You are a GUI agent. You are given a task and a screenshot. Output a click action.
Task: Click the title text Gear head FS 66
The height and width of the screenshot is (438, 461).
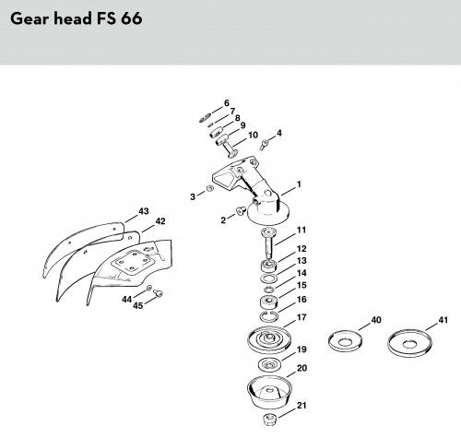[x=77, y=18]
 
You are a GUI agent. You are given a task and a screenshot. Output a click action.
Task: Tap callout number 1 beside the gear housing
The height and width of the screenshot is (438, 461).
[x=299, y=184]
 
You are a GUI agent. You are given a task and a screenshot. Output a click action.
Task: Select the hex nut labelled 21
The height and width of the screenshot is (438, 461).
[x=270, y=420]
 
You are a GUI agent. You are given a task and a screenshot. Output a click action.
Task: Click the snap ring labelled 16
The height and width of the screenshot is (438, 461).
[x=269, y=316]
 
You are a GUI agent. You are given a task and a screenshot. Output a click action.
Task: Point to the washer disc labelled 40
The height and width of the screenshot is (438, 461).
[x=345, y=340]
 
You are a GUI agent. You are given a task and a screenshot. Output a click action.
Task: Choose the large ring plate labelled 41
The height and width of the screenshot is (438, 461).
[x=409, y=343]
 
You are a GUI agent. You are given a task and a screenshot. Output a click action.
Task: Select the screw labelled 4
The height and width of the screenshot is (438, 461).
[x=264, y=144]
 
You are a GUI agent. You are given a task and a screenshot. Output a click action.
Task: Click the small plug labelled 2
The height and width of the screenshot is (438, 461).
[x=241, y=210]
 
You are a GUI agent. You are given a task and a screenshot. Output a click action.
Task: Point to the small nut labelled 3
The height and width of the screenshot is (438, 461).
[x=209, y=188]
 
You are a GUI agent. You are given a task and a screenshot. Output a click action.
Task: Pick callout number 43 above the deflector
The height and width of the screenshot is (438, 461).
[x=144, y=211]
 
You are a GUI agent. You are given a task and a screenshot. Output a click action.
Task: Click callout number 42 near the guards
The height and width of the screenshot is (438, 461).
[x=160, y=221]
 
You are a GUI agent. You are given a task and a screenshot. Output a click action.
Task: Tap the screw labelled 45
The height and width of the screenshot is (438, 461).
[x=159, y=293]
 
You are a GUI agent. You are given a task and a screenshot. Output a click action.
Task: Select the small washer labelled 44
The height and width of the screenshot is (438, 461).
[x=148, y=288]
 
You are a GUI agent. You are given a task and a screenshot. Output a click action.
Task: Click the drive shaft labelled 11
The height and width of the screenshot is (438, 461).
[x=269, y=243]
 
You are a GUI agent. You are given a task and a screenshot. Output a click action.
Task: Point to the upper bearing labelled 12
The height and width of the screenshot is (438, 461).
[x=269, y=266]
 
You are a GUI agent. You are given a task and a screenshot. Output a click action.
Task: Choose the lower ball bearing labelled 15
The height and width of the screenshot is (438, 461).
[x=269, y=302]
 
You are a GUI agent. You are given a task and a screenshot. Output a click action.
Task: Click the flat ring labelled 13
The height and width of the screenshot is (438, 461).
[x=268, y=278]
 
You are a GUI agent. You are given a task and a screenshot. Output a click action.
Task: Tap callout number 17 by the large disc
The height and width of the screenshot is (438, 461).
[x=301, y=317]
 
